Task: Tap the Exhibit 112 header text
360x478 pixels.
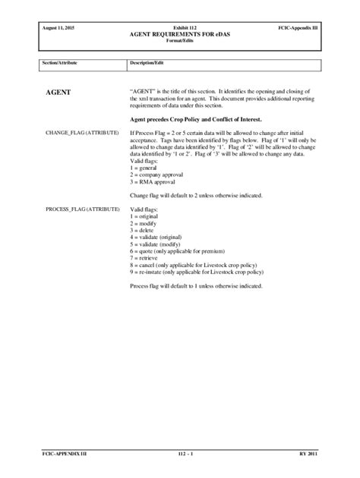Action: (180, 27)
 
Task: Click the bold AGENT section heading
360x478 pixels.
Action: (58, 92)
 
